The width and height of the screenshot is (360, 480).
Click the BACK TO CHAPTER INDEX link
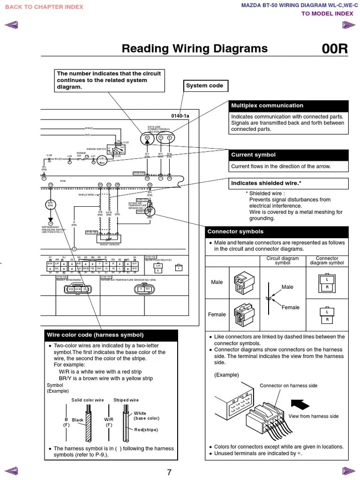pyautogui.click(x=44, y=7)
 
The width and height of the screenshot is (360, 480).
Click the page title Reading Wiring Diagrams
pyautogui.click(x=195, y=49)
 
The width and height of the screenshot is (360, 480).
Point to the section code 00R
pyautogui.click(x=335, y=49)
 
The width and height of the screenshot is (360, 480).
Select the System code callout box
pyautogui.click(x=205, y=86)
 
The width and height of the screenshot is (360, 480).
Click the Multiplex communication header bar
pyautogui.click(x=288, y=105)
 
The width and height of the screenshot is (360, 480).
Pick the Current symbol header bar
pyautogui.click(x=288, y=155)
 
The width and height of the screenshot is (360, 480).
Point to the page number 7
pyautogui.click(x=169, y=472)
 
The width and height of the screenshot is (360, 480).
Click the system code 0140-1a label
pyautogui.click(x=180, y=116)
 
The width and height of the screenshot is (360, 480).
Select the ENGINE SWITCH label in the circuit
pyautogui.click(x=97, y=149)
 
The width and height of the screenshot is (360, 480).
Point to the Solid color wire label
pyautogui.click(x=87, y=400)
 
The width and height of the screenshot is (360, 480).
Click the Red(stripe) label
pyautogui.click(x=146, y=429)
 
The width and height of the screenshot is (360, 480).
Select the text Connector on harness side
pyautogui.click(x=288, y=386)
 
